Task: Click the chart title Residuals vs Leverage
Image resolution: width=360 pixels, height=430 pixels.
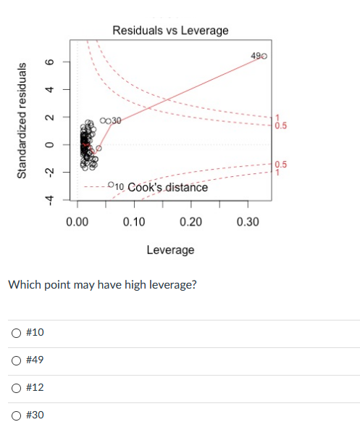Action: tap(170, 30)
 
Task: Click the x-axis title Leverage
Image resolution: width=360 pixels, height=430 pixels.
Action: tap(170, 249)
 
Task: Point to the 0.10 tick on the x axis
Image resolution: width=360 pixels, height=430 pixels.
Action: tap(133, 221)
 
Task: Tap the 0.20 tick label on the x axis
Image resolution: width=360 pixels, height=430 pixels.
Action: tap(190, 221)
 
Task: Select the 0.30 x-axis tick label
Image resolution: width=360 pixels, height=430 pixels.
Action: tap(248, 221)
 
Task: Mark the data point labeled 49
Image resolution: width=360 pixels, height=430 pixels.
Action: tap(265, 56)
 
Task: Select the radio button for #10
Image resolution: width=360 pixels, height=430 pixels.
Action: tap(15, 332)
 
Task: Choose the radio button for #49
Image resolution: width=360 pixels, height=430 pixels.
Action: tap(15, 360)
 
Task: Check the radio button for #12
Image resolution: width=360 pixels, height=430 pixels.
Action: tap(15, 388)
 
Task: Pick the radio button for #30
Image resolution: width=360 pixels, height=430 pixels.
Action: tap(15, 415)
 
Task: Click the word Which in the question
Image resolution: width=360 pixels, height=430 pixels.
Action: tap(22, 284)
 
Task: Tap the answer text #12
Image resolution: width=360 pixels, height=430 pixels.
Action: tap(35, 388)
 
